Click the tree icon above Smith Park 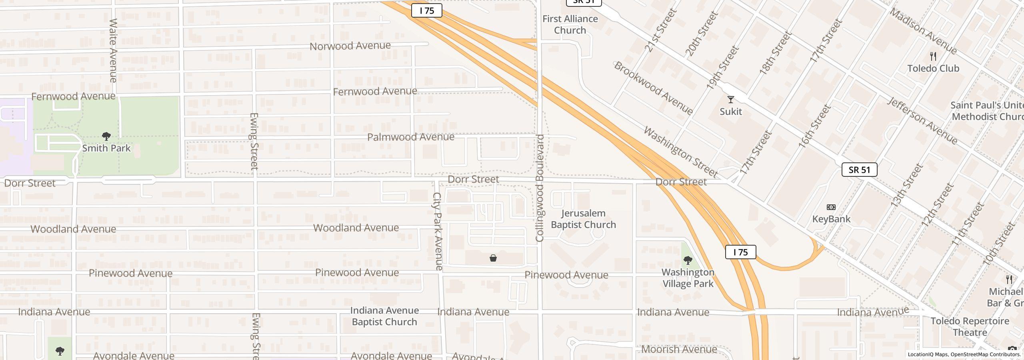pos(106,136)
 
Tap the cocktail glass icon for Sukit pos(730,100)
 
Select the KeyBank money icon pos(831,207)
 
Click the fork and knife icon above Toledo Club pos(933,56)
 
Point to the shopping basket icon pos(493,258)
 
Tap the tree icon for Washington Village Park pos(688,261)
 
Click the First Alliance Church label pos(570,24)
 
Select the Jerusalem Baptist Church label pos(583,219)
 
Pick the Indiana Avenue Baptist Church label pos(384,316)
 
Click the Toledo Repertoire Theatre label pos(970,326)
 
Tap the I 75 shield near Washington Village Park pos(740,252)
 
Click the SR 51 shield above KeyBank pos(859,170)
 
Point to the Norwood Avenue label pos(350,46)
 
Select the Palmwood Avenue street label pos(410,137)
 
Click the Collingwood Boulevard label pos(540,188)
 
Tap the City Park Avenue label pos(438,231)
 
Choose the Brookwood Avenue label pos(653,88)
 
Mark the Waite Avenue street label pos(113,50)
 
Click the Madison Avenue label pos(923,31)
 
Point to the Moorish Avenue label pos(678,349)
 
